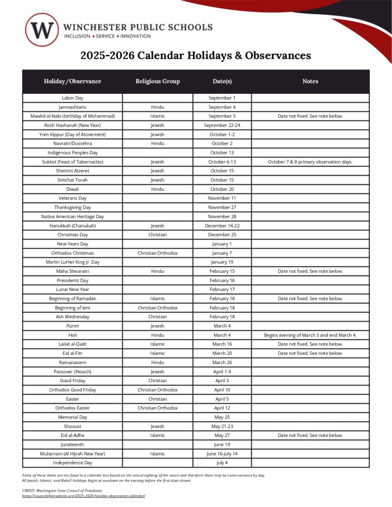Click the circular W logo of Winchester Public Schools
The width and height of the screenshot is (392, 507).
[42, 30]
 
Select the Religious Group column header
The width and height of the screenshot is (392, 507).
[158, 81]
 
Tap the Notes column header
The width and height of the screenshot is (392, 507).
[310, 81]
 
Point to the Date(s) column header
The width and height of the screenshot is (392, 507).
[222, 81]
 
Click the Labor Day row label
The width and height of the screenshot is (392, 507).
[72, 98]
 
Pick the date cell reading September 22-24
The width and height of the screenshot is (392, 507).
[222, 125]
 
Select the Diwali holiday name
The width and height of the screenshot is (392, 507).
[72, 189]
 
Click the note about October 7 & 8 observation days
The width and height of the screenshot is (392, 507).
[310, 162]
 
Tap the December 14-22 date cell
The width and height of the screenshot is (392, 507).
[222, 225]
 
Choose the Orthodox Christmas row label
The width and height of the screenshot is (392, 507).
[72, 253]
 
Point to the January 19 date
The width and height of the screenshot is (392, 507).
[222, 262]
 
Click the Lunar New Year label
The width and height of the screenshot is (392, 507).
[72, 289]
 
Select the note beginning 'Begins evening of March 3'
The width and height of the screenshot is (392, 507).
[310, 335]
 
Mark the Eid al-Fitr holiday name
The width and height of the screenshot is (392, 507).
[72, 353]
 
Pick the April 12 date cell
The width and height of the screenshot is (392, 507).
[222, 408]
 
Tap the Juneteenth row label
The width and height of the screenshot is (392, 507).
[72, 444]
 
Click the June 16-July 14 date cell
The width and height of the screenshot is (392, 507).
[222, 453]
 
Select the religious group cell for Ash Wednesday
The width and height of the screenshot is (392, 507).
[158, 317]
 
